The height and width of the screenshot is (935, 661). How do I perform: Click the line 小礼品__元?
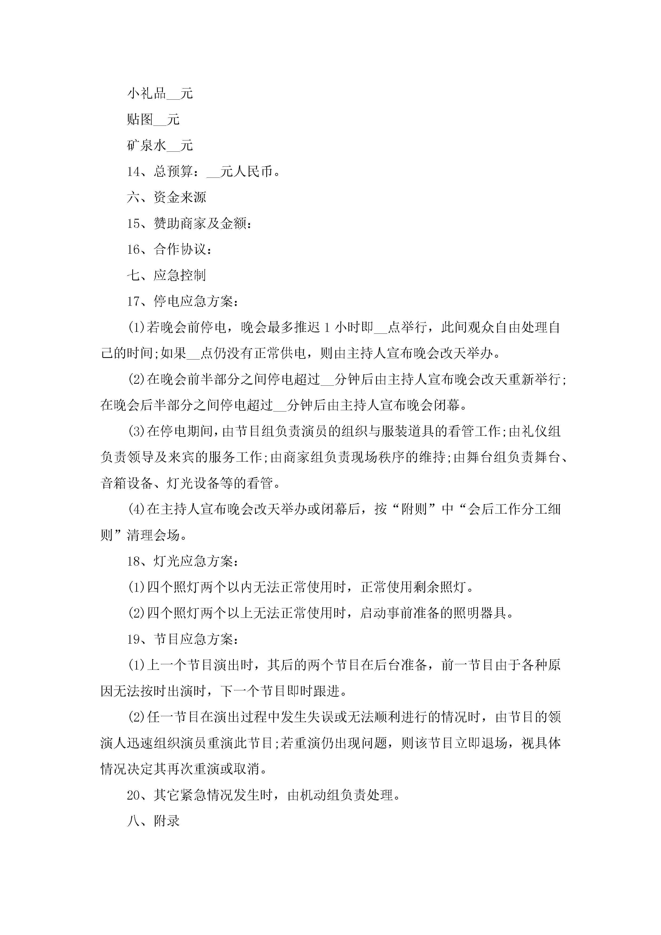tap(160, 94)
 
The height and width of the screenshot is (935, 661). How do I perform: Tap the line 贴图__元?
tap(153, 120)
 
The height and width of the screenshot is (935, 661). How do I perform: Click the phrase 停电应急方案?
tap(193, 302)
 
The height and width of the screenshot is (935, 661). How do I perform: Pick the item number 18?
tap(134, 562)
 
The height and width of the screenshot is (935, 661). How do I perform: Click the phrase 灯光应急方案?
tap(193, 562)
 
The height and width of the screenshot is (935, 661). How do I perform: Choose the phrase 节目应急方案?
tap(193, 639)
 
